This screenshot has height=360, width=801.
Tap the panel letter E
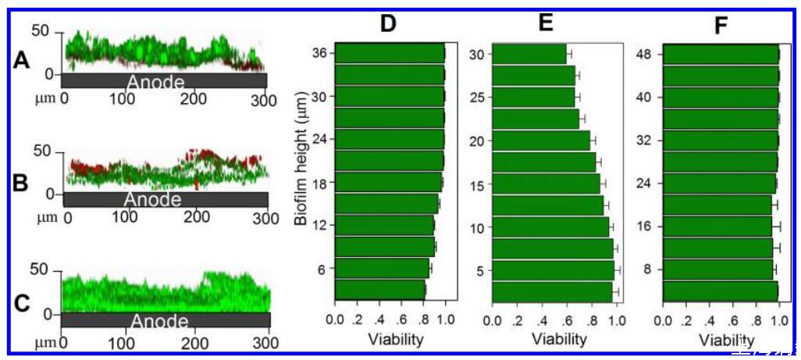[x=546, y=22]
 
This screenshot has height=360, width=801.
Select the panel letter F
[x=721, y=27]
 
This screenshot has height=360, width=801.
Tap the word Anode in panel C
[x=159, y=322]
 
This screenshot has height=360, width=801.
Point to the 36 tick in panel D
[x=321, y=54]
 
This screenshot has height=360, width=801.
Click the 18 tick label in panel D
[x=321, y=183]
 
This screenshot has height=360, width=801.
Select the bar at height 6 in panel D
[x=382, y=269]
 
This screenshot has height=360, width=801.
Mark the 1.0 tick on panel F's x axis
[x=778, y=320]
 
